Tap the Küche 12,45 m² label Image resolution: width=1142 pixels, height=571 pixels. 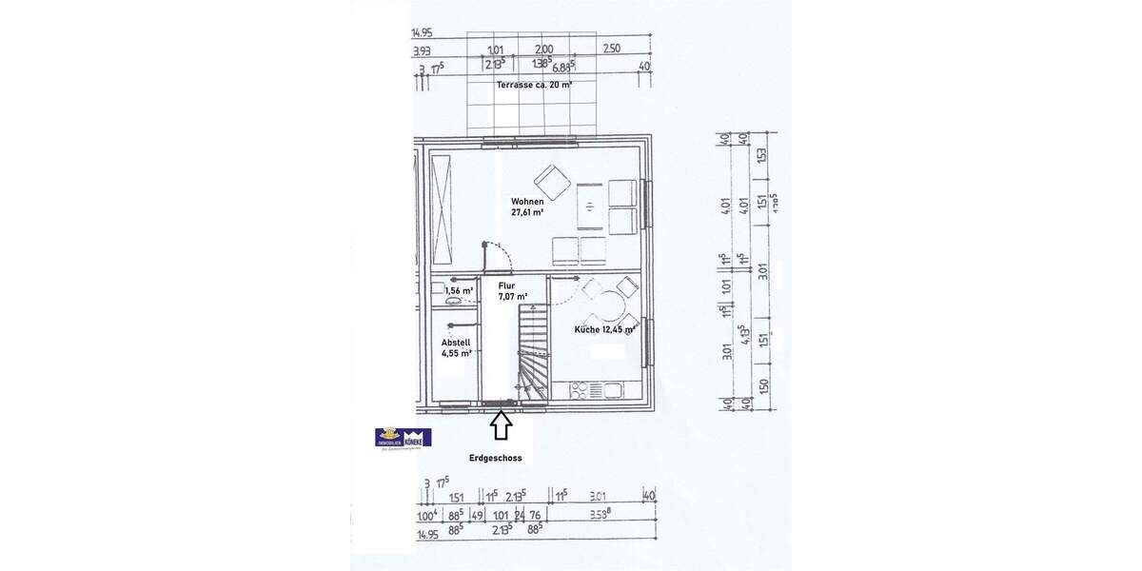click(604, 329)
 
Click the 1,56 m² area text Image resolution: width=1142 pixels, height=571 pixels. click(459, 289)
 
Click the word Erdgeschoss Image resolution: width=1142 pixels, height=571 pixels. click(496, 458)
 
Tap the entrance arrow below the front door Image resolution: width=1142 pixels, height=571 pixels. click(502, 425)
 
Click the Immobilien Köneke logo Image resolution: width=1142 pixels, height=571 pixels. click(404, 438)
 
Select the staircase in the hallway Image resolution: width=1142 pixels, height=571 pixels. click(531, 351)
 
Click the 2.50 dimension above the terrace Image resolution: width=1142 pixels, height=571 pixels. click(612, 49)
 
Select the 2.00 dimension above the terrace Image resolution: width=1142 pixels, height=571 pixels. click(543, 49)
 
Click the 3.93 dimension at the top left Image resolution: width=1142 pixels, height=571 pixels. click(422, 51)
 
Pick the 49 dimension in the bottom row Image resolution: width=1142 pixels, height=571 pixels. click(478, 517)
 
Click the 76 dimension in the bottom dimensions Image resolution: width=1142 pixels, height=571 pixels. click(535, 517)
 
